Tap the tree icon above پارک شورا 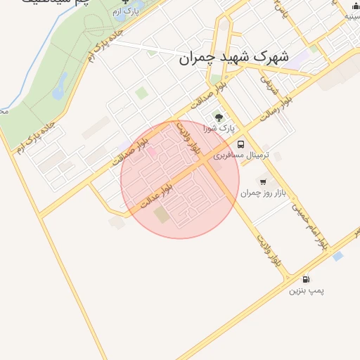(x=218, y=117)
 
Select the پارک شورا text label (x=216, y=129)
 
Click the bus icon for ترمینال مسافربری (x=241, y=143)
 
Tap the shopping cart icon (x=263, y=182)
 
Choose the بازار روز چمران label (x=264, y=193)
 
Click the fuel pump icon (x=306, y=278)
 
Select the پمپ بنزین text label (x=307, y=290)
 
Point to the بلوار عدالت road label (x=156, y=195)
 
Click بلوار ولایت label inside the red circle (x=188, y=138)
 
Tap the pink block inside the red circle (x=151, y=152)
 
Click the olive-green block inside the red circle (x=162, y=214)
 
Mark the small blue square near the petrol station (x=338, y=256)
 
